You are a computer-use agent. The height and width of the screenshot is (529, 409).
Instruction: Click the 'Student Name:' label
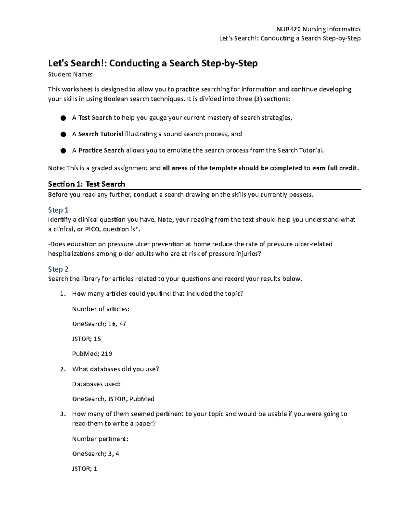coord(70,74)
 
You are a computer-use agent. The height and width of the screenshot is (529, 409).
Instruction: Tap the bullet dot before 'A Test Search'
coord(63,118)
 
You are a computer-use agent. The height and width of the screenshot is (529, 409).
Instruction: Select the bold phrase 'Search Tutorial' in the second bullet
coord(101,134)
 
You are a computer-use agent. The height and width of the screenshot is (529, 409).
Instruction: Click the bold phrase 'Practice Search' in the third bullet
coord(101,150)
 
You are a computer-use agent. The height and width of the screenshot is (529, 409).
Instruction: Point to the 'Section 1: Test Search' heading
coord(87,184)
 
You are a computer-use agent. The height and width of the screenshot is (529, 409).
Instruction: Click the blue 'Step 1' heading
coord(58,210)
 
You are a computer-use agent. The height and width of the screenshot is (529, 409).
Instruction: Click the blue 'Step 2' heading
coord(58,269)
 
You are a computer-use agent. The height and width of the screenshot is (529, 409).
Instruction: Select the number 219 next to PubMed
coord(107,354)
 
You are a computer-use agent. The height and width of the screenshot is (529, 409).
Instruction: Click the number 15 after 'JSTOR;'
coord(97,339)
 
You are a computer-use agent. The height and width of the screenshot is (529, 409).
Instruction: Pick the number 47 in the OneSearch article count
coord(123,324)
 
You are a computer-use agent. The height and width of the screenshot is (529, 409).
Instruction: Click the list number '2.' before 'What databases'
coord(62,369)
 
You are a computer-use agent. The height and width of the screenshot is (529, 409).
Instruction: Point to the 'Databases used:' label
coord(96,384)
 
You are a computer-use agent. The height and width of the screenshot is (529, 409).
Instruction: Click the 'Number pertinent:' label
coord(100,439)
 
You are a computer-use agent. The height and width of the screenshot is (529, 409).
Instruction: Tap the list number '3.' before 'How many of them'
coord(62,414)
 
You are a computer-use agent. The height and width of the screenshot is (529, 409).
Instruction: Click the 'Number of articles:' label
coord(101,309)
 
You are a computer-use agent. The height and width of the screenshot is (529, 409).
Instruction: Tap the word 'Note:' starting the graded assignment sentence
coord(56,168)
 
